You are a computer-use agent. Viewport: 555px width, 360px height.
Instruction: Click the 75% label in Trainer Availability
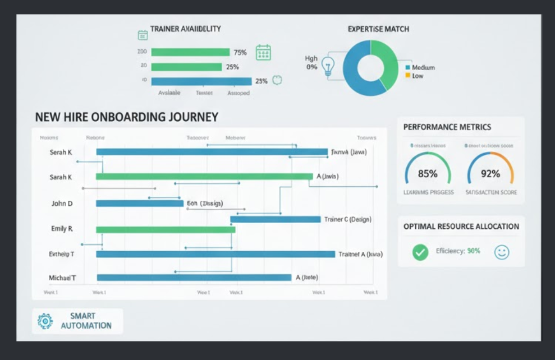click(x=240, y=53)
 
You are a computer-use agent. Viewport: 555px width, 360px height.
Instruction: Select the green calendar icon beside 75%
click(x=263, y=53)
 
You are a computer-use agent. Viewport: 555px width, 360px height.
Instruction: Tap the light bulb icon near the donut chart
click(x=327, y=66)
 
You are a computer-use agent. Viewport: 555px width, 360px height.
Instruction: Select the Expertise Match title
click(x=378, y=29)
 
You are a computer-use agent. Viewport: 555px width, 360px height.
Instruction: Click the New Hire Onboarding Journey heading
click(x=126, y=117)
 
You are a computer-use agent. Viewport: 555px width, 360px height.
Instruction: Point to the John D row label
click(x=62, y=204)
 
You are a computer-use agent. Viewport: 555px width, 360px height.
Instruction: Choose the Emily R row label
click(x=62, y=229)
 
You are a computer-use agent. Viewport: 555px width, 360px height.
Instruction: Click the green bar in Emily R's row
click(x=166, y=229)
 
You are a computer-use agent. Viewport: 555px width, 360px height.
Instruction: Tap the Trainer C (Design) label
click(x=347, y=219)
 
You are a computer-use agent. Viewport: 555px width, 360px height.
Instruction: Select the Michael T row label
click(x=62, y=278)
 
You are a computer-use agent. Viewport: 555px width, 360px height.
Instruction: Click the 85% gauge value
click(x=428, y=174)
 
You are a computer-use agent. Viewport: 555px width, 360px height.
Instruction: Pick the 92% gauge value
click(x=490, y=174)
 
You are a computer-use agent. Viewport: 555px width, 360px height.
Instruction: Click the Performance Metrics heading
click(x=447, y=127)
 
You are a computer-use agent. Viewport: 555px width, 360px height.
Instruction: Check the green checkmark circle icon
click(x=420, y=252)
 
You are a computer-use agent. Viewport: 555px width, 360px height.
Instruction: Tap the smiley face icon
click(x=502, y=252)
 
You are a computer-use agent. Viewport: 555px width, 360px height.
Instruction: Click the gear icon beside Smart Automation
click(x=45, y=321)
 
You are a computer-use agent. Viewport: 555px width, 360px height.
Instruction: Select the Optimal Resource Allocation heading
click(x=461, y=227)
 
